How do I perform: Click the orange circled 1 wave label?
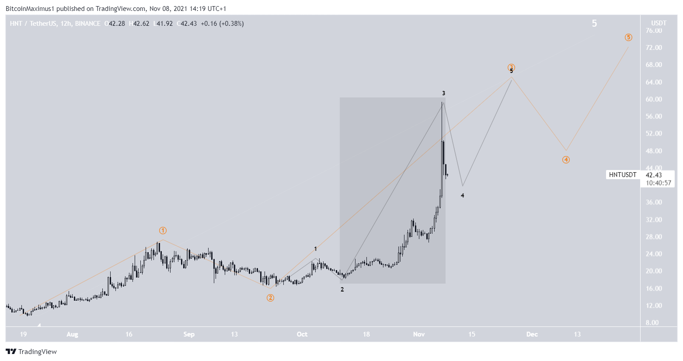[163, 230]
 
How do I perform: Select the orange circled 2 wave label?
[271, 298]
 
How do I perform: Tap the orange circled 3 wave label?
[511, 67]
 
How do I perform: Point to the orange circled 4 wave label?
[566, 160]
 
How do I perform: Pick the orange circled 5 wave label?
[628, 37]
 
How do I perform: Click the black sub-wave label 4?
[462, 195]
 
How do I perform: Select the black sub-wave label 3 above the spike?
[443, 93]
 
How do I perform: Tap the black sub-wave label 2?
[342, 289]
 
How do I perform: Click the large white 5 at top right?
[594, 23]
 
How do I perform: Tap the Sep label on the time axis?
[189, 334]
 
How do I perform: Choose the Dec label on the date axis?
[532, 334]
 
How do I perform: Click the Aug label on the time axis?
[72, 334]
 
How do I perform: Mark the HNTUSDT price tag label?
[623, 175]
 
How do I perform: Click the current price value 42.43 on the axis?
[654, 175]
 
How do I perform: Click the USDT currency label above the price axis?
[659, 23]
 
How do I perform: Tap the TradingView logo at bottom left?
[31, 351]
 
